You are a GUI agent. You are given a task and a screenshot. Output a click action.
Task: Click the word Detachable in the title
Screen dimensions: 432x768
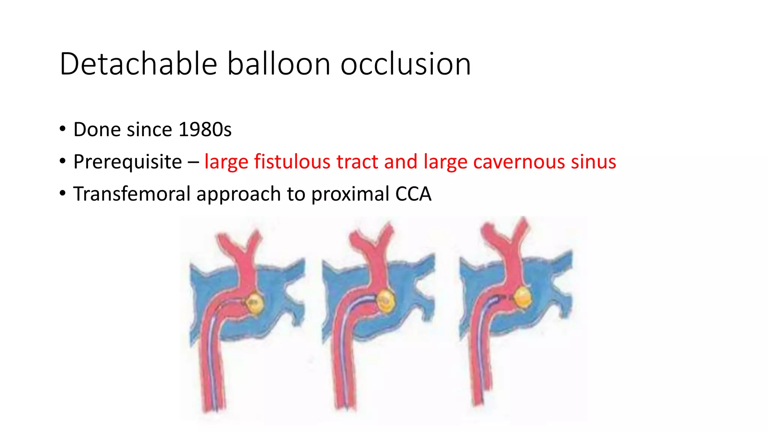click(138, 64)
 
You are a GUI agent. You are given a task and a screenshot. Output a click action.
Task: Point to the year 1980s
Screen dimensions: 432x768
click(205, 129)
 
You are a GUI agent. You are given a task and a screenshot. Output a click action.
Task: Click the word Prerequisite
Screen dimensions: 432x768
click(127, 162)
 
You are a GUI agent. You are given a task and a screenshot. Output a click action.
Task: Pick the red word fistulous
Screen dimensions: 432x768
click(292, 162)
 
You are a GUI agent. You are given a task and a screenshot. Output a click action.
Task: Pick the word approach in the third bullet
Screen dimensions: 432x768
click(238, 194)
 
